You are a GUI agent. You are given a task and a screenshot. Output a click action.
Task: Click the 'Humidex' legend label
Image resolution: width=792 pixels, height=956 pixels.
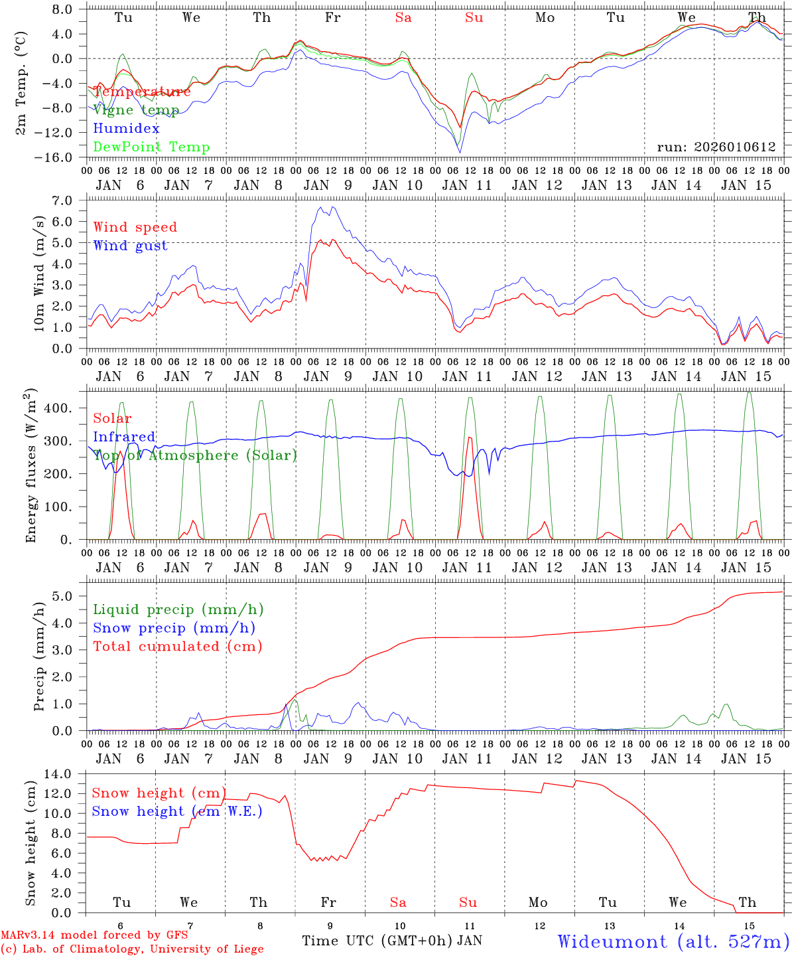(126, 129)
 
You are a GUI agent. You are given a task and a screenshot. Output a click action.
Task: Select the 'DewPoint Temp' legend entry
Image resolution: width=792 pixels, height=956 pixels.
(151, 147)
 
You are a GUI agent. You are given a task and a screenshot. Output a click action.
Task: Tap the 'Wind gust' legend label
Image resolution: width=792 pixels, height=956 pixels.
(130, 246)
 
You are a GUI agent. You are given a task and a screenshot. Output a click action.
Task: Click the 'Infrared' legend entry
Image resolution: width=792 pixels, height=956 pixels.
(124, 437)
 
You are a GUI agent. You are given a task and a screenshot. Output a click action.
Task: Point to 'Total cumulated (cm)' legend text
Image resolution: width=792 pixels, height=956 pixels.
(177, 646)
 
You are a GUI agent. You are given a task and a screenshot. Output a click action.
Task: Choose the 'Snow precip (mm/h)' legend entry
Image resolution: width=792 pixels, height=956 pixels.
(174, 628)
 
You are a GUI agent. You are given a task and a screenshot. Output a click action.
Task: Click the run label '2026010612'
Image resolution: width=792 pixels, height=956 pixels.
(716, 147)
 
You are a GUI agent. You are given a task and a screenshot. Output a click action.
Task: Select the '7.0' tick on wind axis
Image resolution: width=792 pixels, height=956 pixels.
(69, 200)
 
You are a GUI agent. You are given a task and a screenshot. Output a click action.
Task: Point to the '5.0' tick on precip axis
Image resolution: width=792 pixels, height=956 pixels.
(69, 596)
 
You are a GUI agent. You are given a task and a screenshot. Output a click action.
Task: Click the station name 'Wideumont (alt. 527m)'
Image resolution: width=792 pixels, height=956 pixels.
(673, 941)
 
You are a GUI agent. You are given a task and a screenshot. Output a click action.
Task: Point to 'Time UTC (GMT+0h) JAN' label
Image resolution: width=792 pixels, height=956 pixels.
(392, 941)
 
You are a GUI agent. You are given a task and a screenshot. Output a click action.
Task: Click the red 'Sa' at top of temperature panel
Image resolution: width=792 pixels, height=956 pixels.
(403, 18)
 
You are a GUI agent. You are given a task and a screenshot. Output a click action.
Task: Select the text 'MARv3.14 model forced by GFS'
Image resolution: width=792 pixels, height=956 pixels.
(94, 935)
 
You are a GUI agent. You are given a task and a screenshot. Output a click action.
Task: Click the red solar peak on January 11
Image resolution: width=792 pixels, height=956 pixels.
(470, 438)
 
